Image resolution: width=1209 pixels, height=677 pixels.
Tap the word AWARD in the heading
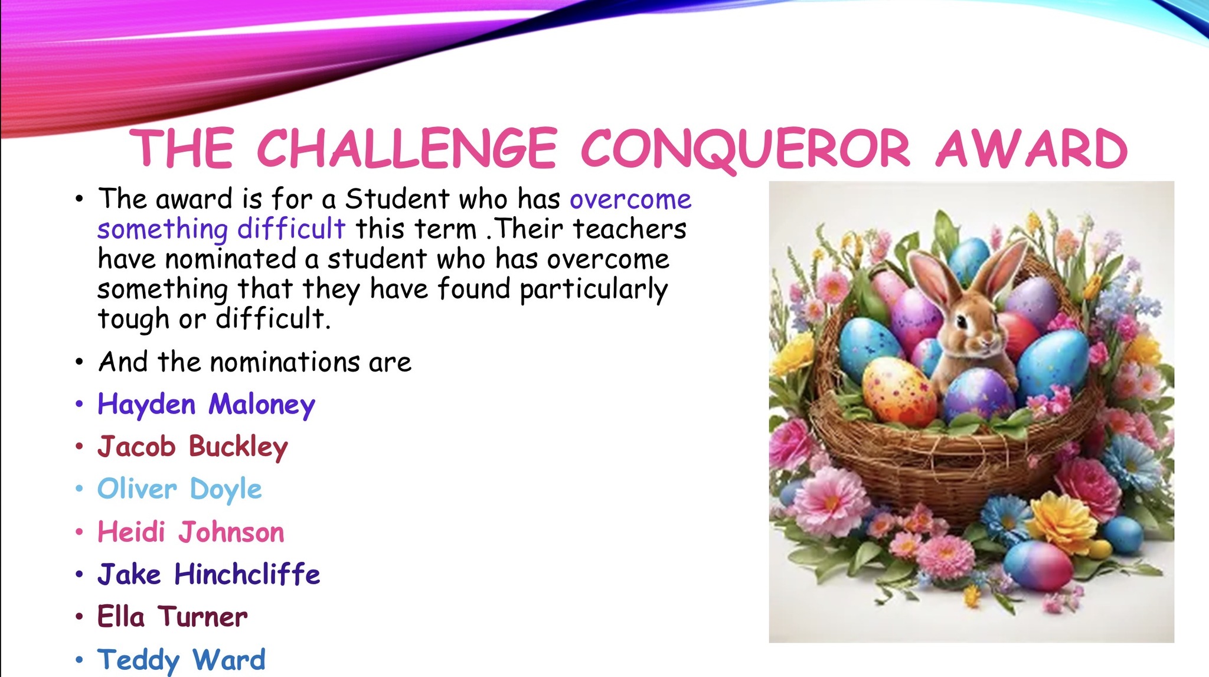pos(1032,148)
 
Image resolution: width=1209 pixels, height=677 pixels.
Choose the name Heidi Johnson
pos(191,532)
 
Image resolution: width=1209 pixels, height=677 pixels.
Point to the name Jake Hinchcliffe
pos(209,574)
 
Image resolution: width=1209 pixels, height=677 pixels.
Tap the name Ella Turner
pos(172,617)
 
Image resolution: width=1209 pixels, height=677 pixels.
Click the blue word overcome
pos(630,200)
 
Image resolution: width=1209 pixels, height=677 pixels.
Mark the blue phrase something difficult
pos(221,229)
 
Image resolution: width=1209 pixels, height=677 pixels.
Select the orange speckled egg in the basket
pos(898,391)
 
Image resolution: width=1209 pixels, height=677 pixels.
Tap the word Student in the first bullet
pos(397,198)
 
